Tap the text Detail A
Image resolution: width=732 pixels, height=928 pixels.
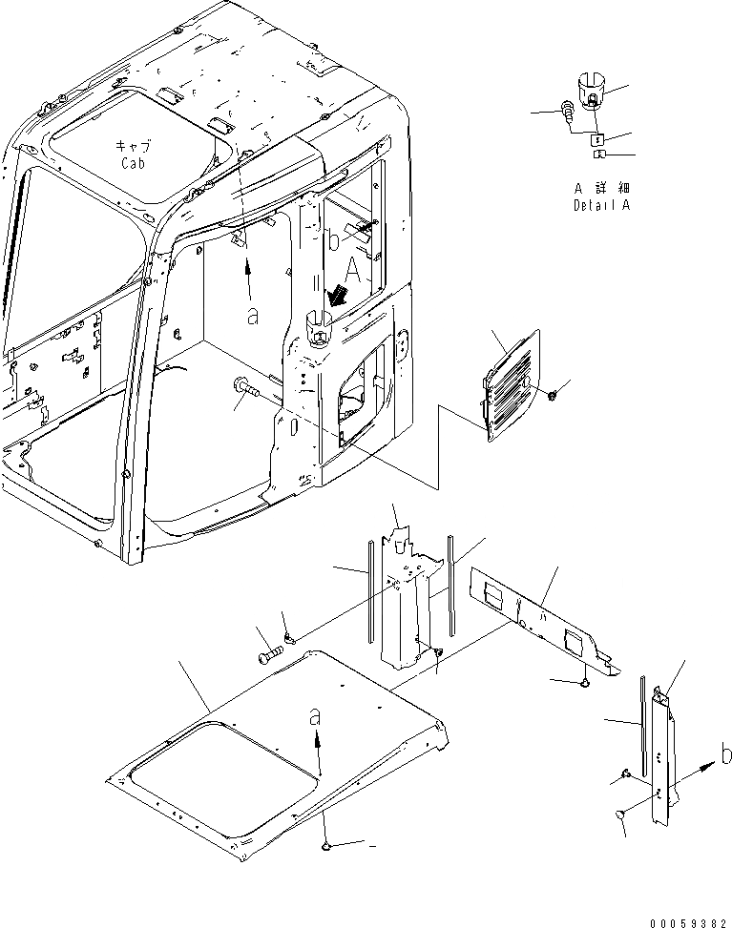point(601,205)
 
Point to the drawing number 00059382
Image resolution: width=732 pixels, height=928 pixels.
point(687,920)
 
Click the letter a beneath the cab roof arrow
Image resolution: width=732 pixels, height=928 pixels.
point(252,317)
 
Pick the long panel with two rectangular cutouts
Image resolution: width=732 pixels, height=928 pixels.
point(540,614)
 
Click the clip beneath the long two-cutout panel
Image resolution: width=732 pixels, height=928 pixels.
point(586,682)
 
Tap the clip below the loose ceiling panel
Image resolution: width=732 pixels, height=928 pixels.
point(327,844)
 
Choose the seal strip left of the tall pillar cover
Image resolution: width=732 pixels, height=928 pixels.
point(366,591)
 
